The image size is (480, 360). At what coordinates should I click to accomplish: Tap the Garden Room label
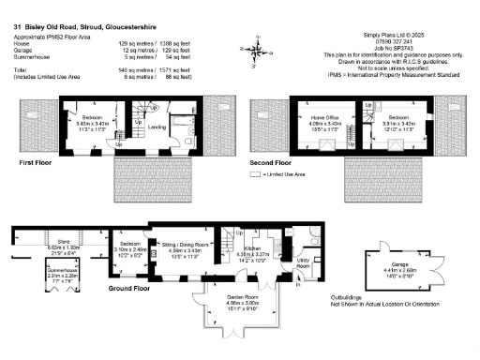[x=240, y=300]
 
